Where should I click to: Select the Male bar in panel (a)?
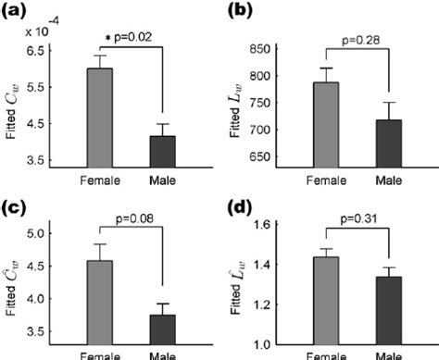162,151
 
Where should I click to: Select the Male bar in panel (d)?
387,309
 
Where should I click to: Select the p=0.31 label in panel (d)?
357,222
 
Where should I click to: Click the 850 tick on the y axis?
275,49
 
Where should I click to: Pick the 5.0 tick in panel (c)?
53,233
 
